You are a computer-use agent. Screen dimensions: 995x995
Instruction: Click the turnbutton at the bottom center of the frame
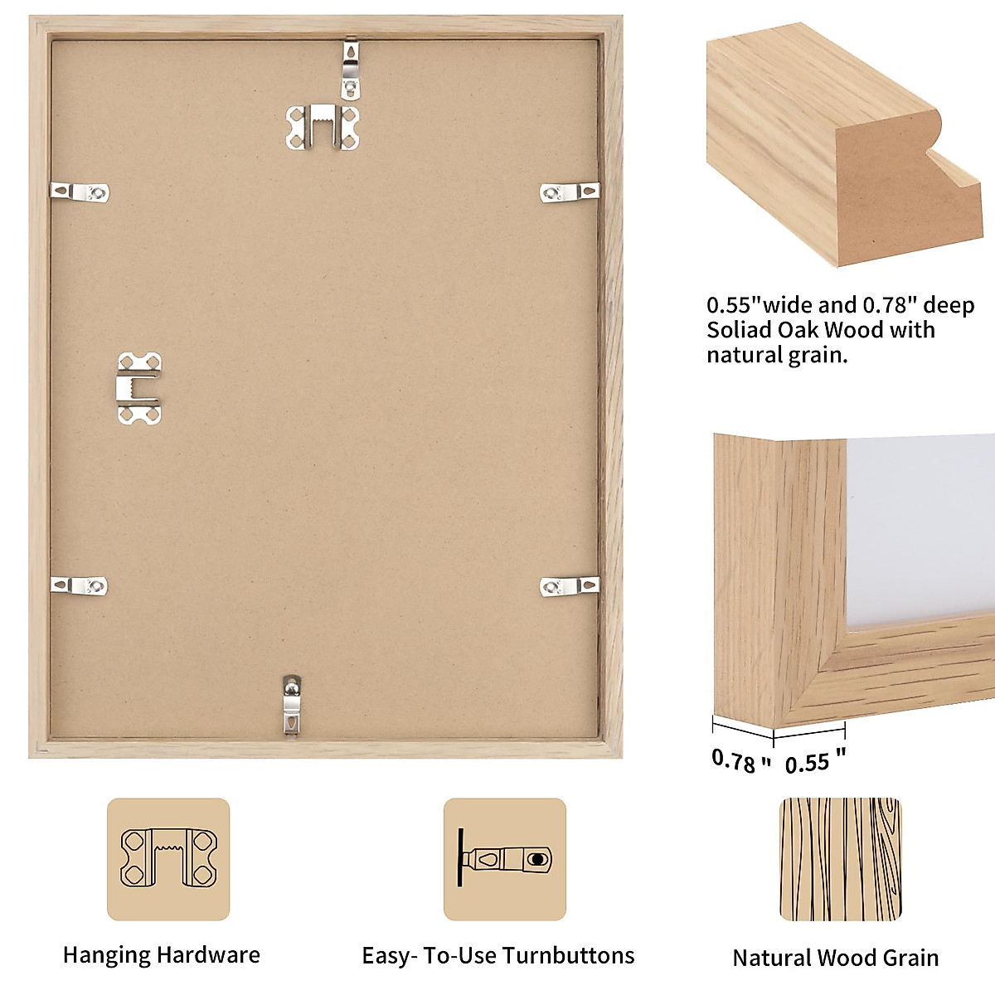pyautogui.click(x=291, y=704)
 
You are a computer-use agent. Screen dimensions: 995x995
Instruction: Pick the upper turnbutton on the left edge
pyautogui.click(x=80, y=192)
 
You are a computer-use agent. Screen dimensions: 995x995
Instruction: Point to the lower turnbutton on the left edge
pyautogui.click(x=80, y=585)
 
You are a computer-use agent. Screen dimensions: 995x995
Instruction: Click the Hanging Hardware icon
pyautogui.click(x=168, y=859)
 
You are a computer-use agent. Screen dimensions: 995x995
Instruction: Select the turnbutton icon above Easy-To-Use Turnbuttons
pyautogui.click(x=504, y=859)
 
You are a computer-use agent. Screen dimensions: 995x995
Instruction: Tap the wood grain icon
pyautogui.click(x=840, y=859)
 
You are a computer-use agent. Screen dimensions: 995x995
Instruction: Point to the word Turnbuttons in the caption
pyautogui.click(x=568, y=956)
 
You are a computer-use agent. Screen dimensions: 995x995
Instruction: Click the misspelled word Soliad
pyautogui.click(x=740, y=330)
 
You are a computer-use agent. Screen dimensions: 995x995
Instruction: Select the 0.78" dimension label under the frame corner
pyautogui.click(x=740, y=760)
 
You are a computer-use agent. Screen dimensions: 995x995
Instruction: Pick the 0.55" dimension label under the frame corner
pyautogui.click(x=814, y=762)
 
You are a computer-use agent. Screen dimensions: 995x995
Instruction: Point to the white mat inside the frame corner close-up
pyautogui.click(x=920, y=531)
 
